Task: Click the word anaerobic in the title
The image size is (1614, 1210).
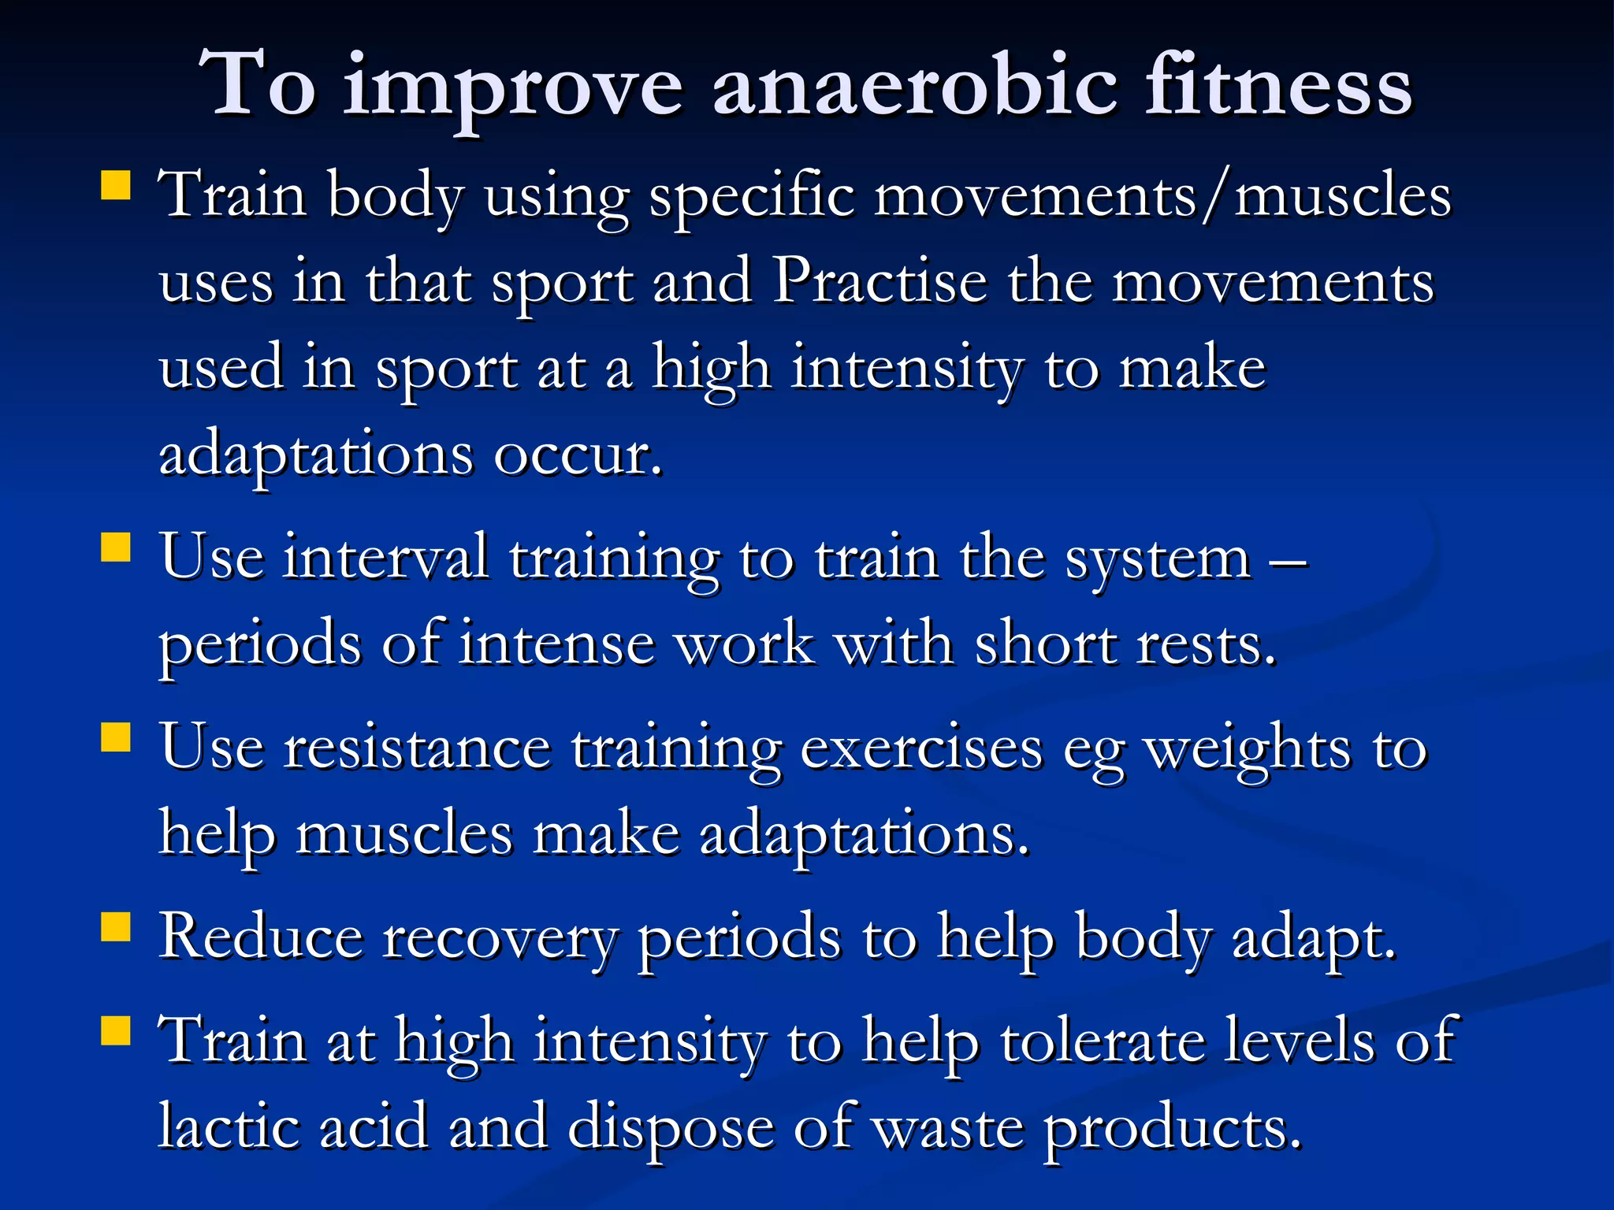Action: (x=914, y=85)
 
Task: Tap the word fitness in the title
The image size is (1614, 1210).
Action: (x=1278, y=85)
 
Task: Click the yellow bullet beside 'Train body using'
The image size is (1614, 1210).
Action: (x=116, y=186)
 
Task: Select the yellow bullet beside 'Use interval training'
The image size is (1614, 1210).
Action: (x=116, y=547)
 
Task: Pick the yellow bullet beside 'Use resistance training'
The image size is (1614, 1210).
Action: (x=116, y=738)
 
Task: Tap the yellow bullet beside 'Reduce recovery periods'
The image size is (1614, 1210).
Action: (x=116, y=928)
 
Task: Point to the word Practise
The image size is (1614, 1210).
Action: (x=880, y=281)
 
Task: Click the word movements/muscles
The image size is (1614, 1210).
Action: (x=1162, y=195)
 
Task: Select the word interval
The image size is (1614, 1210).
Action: (x=385, y=558)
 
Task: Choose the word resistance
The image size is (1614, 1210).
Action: (x=417, y=748)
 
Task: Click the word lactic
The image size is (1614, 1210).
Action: (x=229, y=1126)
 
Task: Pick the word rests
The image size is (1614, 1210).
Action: (x=1205, y=644)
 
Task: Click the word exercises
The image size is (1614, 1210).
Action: (x=920, y=748)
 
